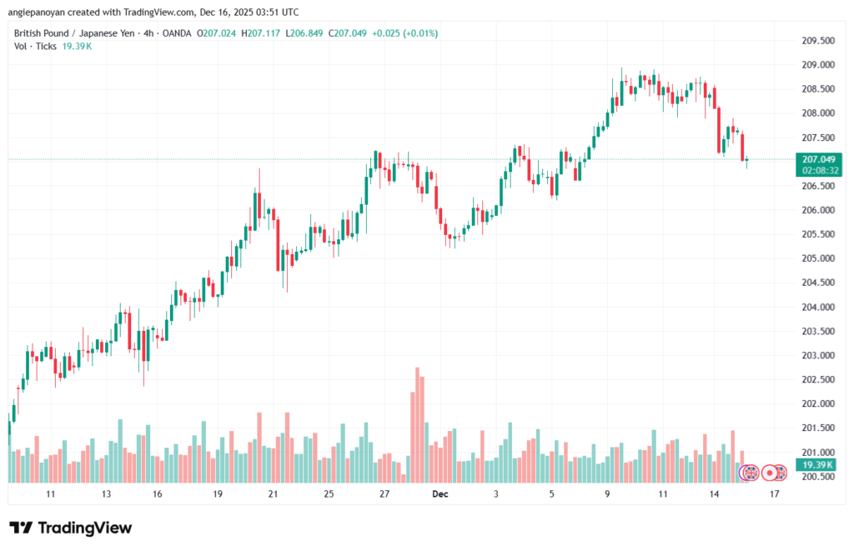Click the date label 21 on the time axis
click(273, 494)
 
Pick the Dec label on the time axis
click(440, 494)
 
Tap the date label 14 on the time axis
click(714, 494)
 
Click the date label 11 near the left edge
click(51, 494)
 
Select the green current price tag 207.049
click(818, 159)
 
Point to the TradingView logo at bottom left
click(70, 528)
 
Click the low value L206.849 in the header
click(305, 33)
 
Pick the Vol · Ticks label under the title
click(35, 46)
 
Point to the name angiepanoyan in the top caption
click(40, 12)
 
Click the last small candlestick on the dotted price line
click(747, 159)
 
